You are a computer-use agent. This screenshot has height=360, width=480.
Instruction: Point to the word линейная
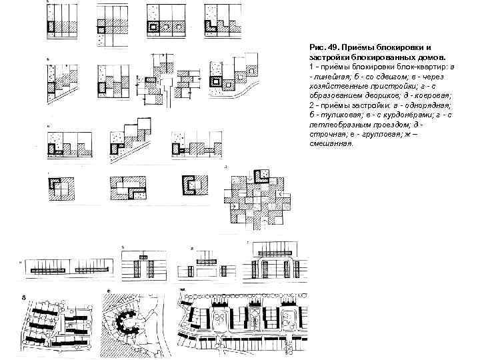point(330,77)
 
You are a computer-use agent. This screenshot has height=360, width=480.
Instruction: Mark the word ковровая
point(431,96)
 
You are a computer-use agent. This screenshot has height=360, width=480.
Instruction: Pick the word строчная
point(327,134)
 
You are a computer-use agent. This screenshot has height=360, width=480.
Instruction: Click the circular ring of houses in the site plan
point(128,323)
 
